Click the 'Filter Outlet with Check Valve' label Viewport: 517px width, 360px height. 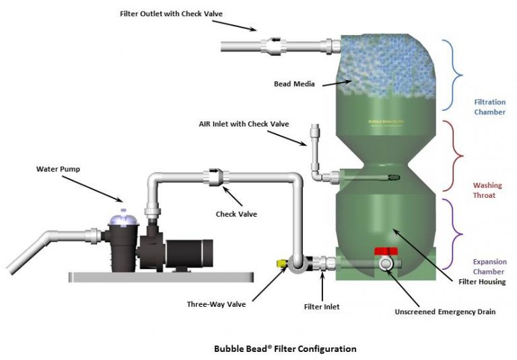(x=171, y=13)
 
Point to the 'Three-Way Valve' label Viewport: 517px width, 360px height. (x=216, y=304)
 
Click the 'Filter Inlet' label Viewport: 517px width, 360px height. (x=322, y=307)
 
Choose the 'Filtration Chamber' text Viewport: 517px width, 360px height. (x=489, y=106)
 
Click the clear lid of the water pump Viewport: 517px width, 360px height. (x=119, y=215)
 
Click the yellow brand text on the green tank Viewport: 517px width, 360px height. (x=386, y=122)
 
